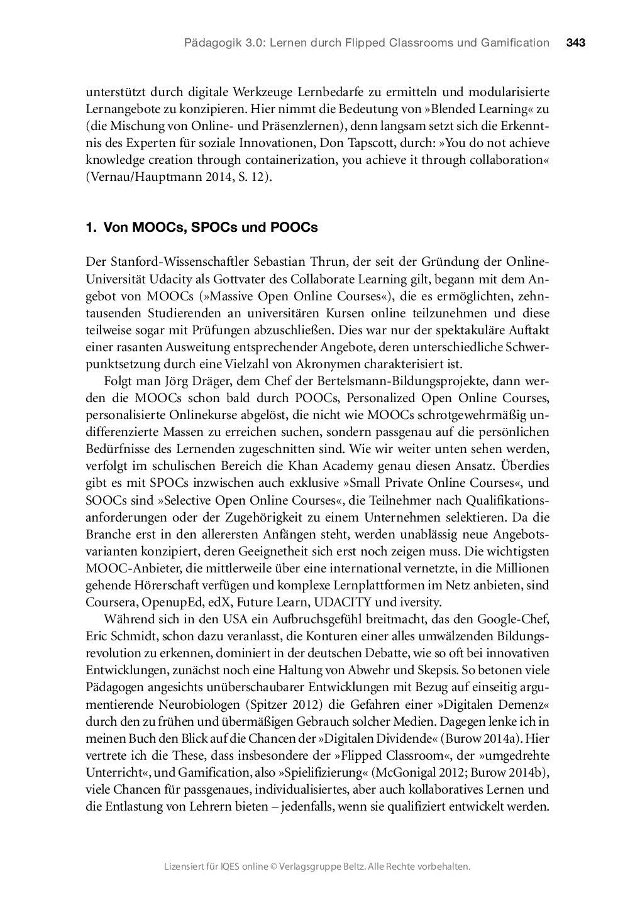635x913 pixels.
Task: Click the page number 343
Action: tap(575, 43)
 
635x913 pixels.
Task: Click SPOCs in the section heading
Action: tap(212, 227)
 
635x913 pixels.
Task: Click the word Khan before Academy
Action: tap(304, 466)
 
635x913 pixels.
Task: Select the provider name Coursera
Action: tap(111, 602)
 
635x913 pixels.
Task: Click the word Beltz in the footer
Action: tap(351, 867)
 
